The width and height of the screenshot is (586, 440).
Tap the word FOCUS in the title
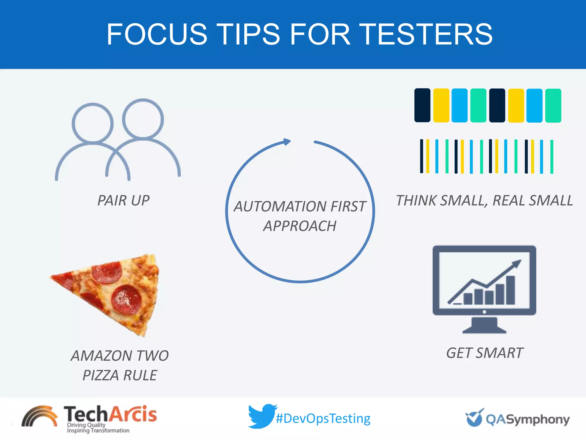(157, 34)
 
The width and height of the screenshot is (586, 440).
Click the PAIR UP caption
(123, 200)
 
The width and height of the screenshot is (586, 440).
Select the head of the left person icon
(92, 123)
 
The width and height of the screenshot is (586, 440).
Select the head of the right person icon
(143, 119)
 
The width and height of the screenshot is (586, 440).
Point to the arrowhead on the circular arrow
(287, 142)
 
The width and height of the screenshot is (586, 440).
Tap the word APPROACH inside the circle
(300, 226)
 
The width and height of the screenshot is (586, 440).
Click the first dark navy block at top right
(422, 105)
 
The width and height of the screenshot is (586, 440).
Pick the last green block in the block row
(553, 106)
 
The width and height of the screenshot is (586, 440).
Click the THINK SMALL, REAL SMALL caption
(484, 200)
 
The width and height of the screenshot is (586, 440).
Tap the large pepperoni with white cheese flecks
(126, 299)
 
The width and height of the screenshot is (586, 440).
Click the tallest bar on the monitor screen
(510, 290)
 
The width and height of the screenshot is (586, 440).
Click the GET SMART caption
(485, 353)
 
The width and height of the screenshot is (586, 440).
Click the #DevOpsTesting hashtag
(323, 419)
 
